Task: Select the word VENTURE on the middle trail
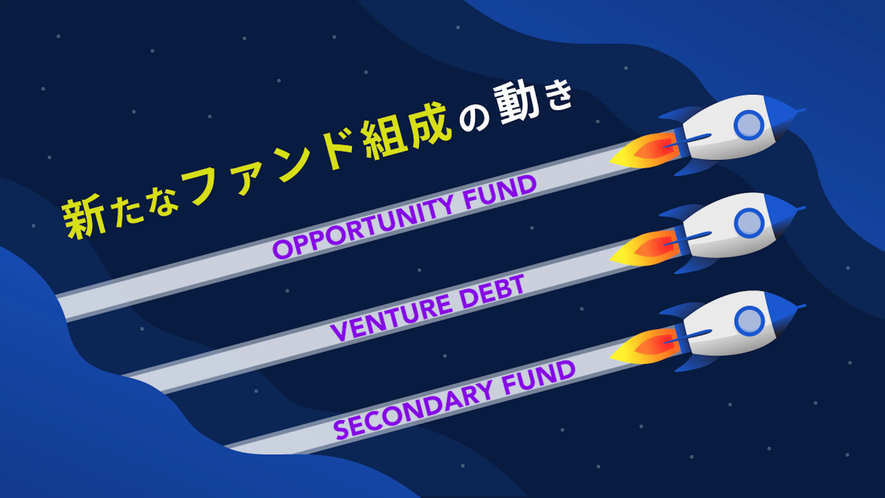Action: tap(392, 317)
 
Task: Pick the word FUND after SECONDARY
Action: tap(539, 377)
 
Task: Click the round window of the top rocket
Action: tap(749, 125)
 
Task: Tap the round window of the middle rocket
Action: tap(749, 223)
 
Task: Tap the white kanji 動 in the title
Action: tap(516, 102)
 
